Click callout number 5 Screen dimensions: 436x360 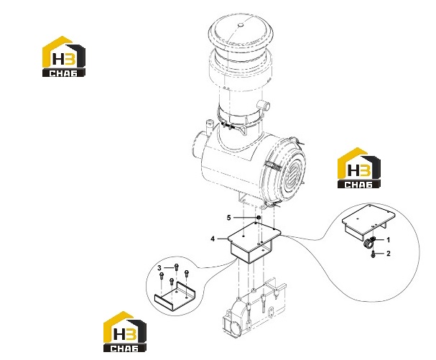tap(228, 218)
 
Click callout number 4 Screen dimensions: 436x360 tap(213, 239)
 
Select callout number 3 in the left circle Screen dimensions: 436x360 tap(159, 268)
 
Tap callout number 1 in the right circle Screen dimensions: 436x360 tap(389, 240)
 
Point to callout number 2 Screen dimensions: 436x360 tap(389, 254)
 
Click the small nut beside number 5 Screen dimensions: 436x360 tap(259, 217)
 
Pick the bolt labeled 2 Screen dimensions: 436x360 tap(374, 254)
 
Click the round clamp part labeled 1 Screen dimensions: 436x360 tap(368, 242)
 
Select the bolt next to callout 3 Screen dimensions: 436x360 tap(176, 267)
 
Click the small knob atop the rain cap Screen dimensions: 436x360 tap(241, 25)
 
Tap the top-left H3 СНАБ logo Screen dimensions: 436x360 tap(64, 57)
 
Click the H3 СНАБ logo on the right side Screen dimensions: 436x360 tap(359, 167)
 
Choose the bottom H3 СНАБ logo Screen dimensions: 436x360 tap(125, 332)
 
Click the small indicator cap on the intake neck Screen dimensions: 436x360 tap(264, 106)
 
